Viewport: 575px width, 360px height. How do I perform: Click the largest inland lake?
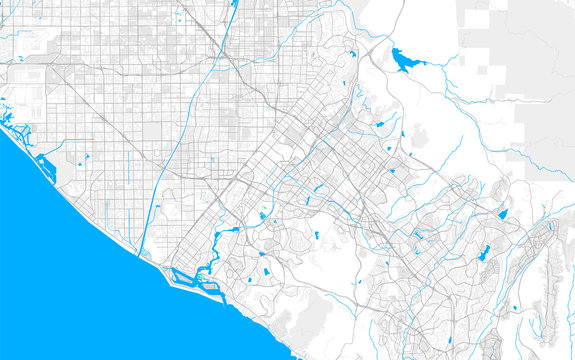point(404,61)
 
